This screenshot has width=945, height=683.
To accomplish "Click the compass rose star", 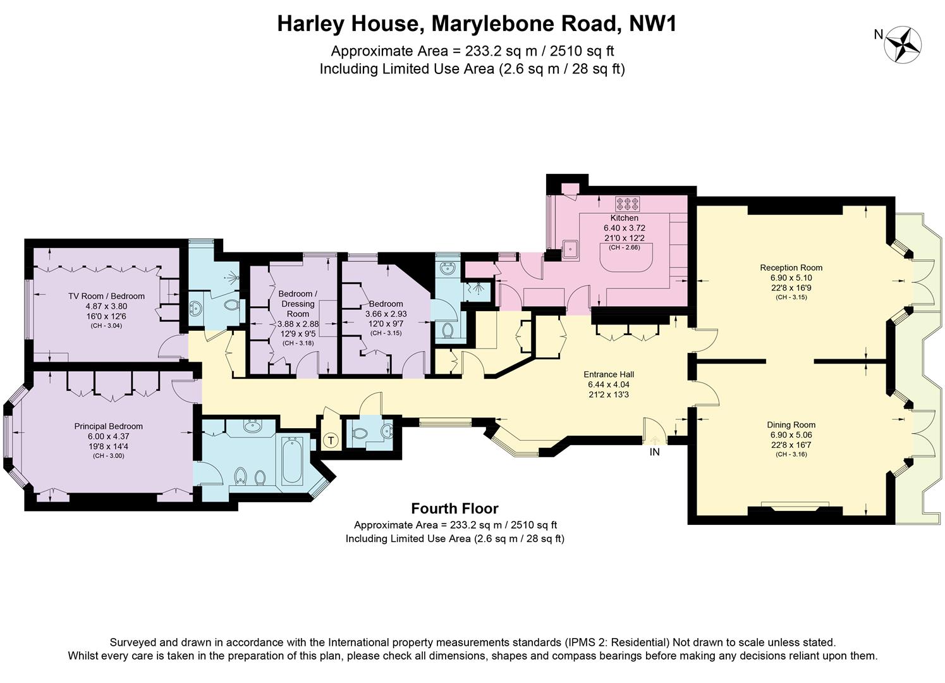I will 903,45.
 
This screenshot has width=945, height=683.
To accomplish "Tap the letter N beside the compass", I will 878,35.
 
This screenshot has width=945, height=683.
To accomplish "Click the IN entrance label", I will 654,452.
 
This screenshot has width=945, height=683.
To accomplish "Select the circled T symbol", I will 331,440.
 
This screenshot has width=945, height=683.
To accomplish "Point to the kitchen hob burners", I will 627,204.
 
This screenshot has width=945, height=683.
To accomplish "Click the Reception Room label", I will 791,268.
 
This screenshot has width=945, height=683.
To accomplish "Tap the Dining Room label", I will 791,425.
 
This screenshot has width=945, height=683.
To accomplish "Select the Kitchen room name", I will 624,218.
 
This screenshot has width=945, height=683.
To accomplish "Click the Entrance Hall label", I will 608,374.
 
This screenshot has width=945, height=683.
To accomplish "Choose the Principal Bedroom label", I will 108,426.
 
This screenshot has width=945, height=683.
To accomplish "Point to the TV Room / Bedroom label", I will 106,296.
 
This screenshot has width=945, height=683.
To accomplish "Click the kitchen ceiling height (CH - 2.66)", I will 624,247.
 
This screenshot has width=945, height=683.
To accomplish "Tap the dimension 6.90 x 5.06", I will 791,435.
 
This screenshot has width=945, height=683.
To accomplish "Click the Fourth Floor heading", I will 454,508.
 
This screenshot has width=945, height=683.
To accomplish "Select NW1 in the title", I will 652,24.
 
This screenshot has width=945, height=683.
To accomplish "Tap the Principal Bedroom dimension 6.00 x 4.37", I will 108,436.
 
